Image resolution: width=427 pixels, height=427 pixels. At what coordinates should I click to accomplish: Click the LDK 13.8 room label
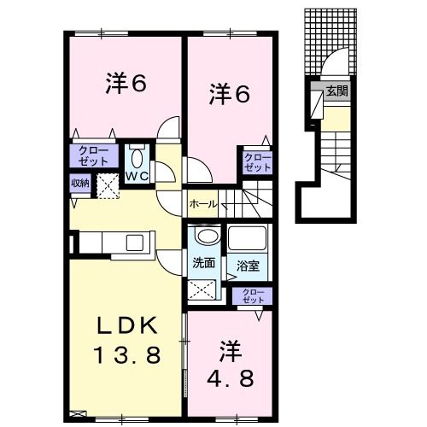tap(127, 339)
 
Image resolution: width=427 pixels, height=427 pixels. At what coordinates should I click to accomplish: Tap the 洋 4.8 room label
tap(229, 362)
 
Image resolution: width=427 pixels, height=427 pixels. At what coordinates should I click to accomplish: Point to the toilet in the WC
tap(137, 158)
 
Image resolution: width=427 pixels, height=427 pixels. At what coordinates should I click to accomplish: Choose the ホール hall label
tap(202, 204)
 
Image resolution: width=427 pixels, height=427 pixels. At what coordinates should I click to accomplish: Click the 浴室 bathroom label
tap(249, 265)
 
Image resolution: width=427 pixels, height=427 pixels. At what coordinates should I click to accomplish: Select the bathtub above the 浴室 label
tap(248, 241)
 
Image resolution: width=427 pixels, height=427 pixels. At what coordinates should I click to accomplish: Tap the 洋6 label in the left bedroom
tap(126, 83)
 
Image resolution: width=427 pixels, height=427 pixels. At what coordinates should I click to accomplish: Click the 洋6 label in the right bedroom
tap(230, 95)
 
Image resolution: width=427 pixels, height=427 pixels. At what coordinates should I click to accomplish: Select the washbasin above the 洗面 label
tap(204, 238)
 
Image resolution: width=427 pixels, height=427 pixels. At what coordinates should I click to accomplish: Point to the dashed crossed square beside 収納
tap(107, 184)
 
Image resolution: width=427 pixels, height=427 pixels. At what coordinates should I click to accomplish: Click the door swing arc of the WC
tap(167, 128)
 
